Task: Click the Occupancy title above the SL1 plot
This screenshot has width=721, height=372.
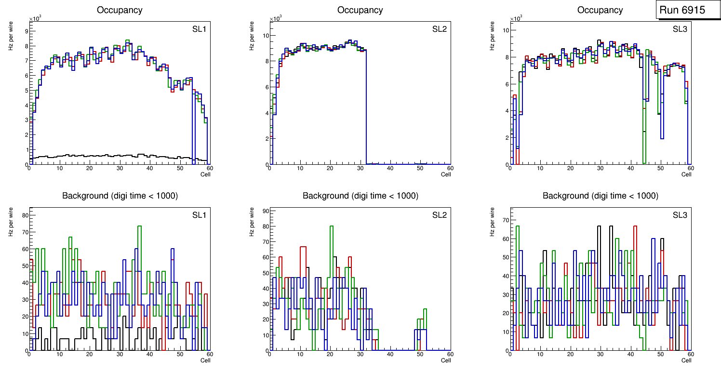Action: pos(120,10)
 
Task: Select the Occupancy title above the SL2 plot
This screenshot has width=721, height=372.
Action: pos(360,10)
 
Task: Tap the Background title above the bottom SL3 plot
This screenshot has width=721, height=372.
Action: pos(601,196)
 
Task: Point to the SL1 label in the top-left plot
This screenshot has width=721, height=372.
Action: pos(199,29)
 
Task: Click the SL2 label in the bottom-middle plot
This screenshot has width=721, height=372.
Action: pos(440,215)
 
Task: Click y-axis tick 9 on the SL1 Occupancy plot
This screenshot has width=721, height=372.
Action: pos(26,31)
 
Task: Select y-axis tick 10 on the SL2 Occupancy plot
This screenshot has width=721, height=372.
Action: pos(264,35)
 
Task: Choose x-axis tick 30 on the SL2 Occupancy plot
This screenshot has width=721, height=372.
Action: pos(360,168)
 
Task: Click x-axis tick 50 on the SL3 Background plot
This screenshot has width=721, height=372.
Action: pos(660,354)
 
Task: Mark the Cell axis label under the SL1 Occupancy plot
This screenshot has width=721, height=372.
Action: pos(205,174)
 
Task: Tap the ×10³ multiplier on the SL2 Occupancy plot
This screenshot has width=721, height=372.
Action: pos(275,19)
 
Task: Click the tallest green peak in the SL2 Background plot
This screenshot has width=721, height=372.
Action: pos(332,226)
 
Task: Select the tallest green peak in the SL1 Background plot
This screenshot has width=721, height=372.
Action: pos(139,226)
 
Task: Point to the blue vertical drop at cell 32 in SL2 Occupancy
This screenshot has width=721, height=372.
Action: pos(366,106)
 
